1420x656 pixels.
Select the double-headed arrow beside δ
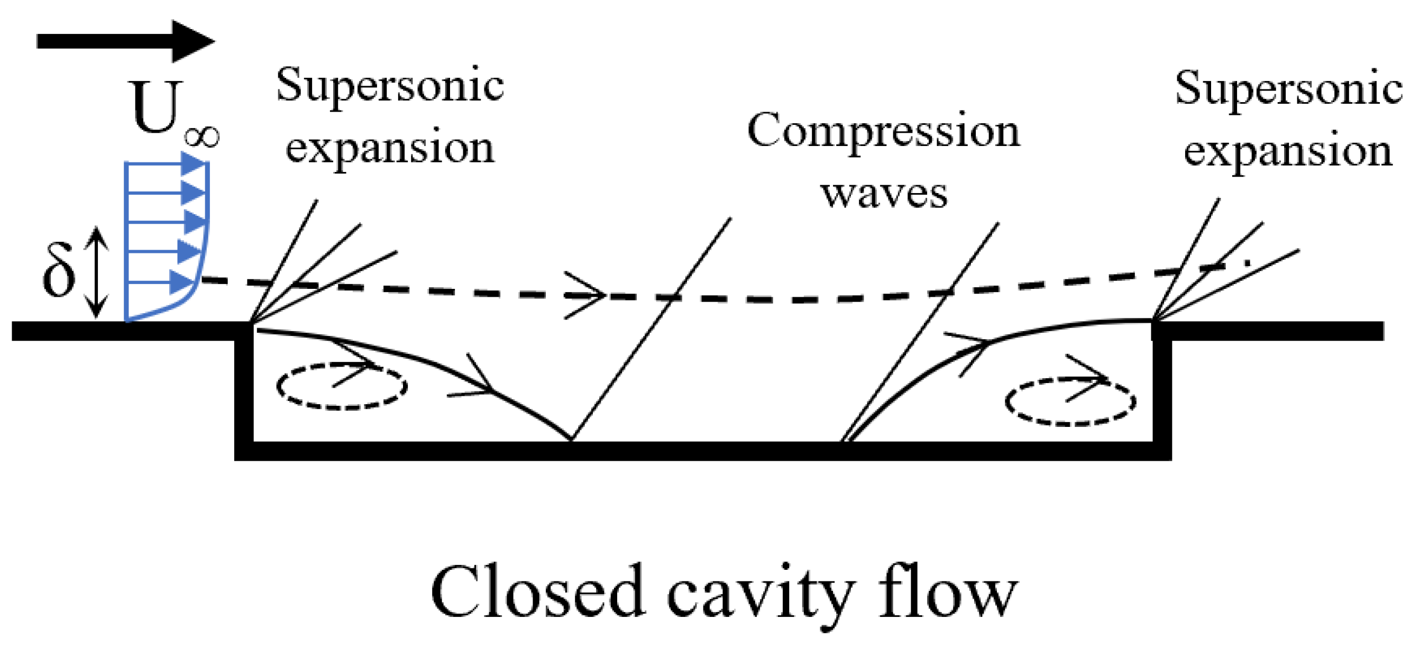click(97, 272)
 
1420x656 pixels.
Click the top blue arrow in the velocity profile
click(193, 163)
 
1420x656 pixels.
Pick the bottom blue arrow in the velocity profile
click(181, 283)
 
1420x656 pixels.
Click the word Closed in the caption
click(537, 593)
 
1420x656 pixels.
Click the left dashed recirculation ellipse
click(341, 386)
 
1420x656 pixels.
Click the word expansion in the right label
click(1288, 152)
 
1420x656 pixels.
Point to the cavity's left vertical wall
click(244, 391)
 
